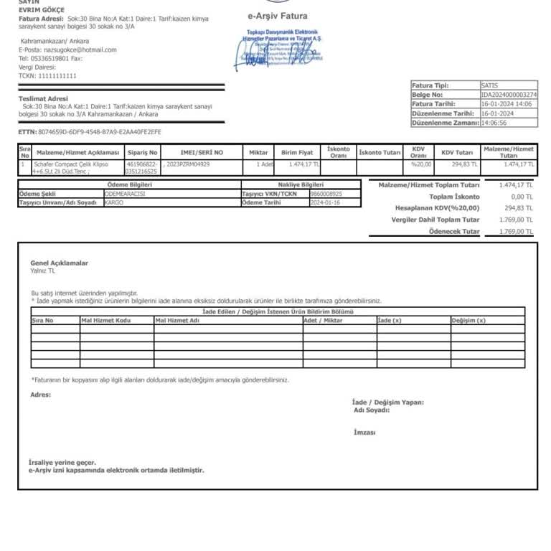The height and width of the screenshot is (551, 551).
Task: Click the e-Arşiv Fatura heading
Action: (x=277, y=16)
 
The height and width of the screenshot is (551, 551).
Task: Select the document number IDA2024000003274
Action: (x=509, y=95)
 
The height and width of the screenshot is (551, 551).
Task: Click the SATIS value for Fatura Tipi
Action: (x=490, y=85)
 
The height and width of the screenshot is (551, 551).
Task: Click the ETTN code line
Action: (x=90, y=132)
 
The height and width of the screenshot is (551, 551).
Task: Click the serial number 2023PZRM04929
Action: (x=188, y=164)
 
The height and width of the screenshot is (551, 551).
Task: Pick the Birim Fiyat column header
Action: (x=297, y=153)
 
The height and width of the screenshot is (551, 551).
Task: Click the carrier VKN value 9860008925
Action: (x=326, y=194)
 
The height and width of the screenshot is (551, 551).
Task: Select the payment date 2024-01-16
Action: (x=324, y=203)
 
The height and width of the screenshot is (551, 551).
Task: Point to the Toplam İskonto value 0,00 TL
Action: (x=522, y=197)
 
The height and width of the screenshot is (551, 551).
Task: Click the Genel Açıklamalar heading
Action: (x=59, y=263)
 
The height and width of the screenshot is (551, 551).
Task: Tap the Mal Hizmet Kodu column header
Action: (x=105, y=321)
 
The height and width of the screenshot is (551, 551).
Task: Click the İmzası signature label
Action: (x=364, y=433)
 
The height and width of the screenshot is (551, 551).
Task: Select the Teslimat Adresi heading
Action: (x=43, y=98)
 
